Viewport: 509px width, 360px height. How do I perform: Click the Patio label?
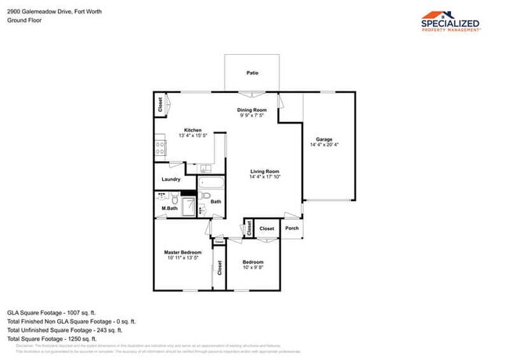[x=252, y=74]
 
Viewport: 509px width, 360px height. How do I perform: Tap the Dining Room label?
[x=252, y=110]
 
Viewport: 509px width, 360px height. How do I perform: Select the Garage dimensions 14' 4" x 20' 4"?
[x=324, y=145]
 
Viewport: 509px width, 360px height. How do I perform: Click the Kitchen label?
[x=193, y=130]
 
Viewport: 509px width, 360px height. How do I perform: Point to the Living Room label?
[x=265, y=171]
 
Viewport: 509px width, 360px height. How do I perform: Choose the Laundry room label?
[x=171, y=179]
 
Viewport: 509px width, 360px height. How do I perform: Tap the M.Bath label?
[x=168, y=208]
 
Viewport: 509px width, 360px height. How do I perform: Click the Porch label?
[x=291, y=229]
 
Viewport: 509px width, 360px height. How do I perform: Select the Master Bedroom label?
[x=182, y=252]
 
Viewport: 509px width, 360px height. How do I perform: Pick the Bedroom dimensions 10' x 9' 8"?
[x=252, y=268]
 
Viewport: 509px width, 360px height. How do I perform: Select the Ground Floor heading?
[x=24, y=20]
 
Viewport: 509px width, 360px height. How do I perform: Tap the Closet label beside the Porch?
[x=267, y=229]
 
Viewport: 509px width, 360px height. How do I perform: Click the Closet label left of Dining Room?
[x=161, y=105]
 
